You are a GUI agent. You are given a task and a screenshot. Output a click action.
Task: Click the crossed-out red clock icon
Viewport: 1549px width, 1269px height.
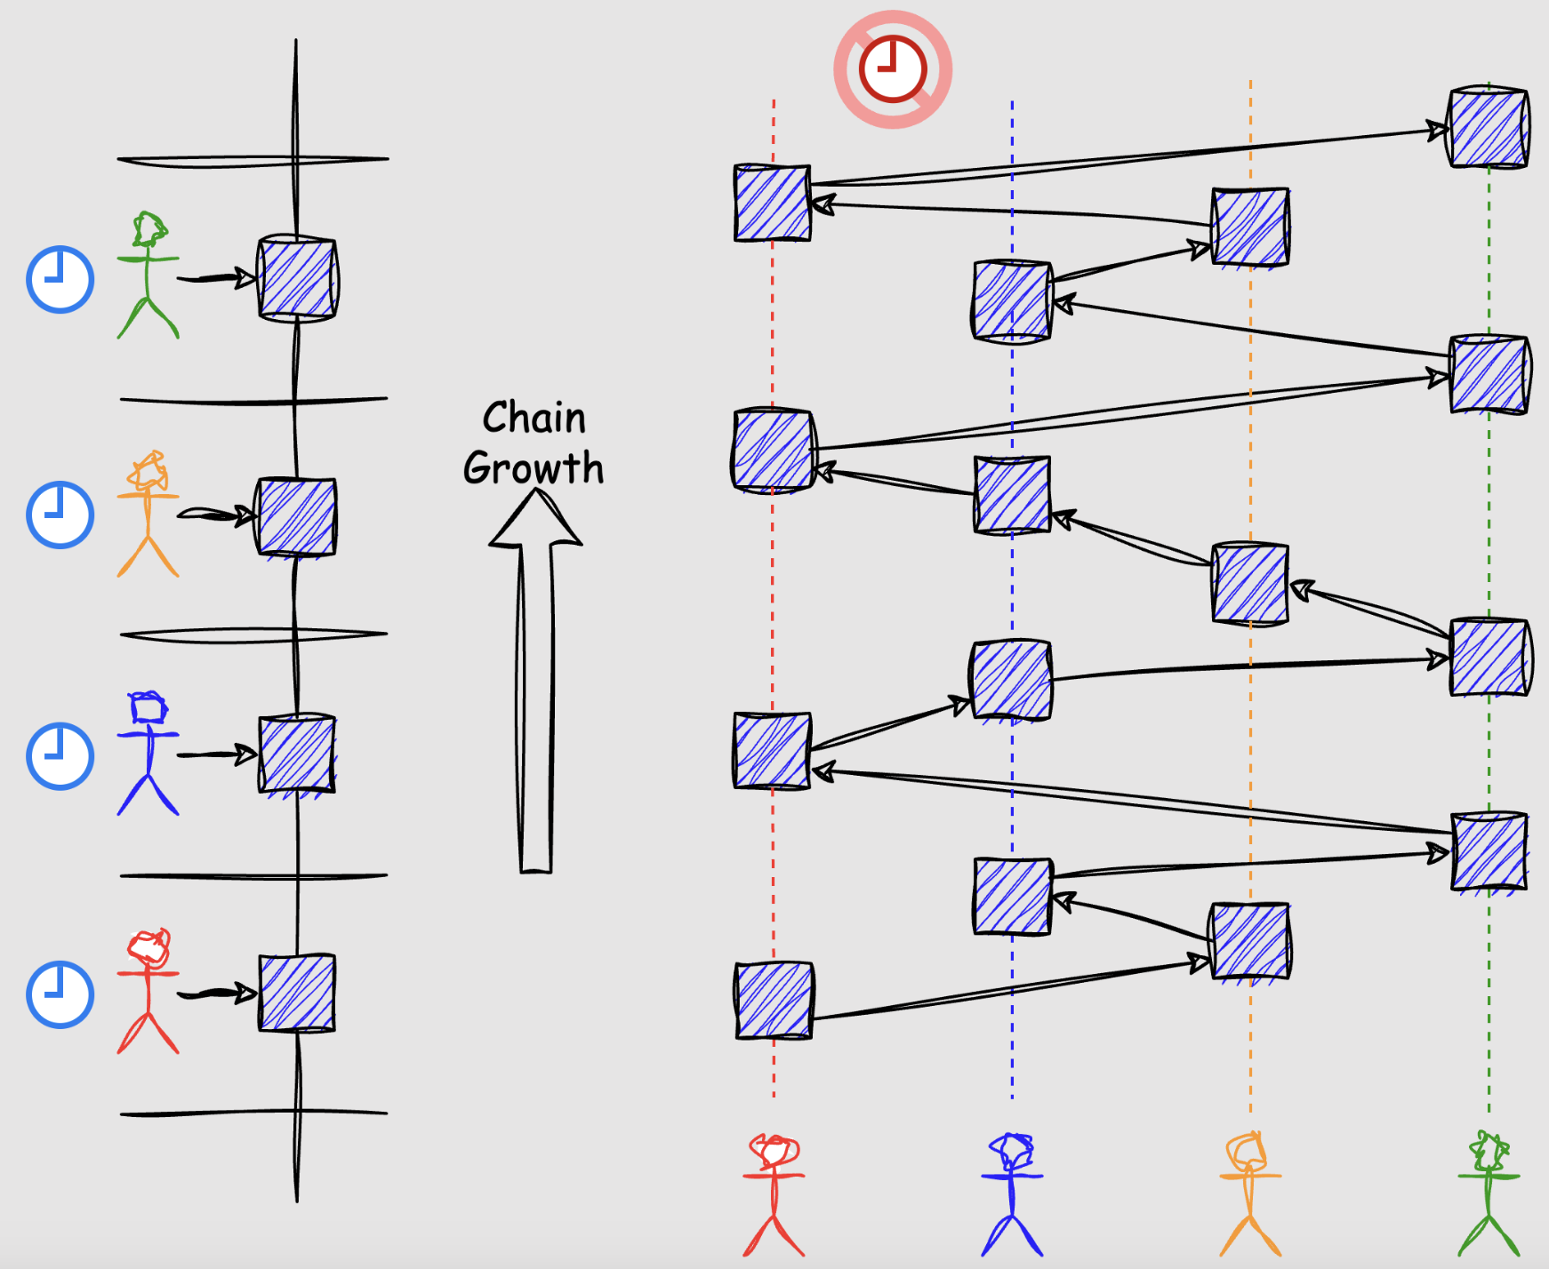893,69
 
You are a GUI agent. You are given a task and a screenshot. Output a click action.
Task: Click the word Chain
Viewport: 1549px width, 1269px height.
534,418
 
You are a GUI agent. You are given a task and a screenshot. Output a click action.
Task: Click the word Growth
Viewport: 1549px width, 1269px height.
534,468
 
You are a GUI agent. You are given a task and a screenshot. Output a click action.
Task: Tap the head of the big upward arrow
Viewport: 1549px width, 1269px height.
535,519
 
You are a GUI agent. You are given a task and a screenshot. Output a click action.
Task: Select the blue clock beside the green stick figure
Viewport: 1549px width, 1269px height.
60,280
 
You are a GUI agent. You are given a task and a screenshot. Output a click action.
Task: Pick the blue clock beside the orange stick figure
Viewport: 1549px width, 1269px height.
60,515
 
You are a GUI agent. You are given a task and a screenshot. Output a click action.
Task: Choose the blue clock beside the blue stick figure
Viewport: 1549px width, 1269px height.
60,756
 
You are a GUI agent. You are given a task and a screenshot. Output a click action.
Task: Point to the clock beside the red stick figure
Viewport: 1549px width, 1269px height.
60,994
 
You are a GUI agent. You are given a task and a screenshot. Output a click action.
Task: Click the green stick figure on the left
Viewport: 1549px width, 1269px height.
148,275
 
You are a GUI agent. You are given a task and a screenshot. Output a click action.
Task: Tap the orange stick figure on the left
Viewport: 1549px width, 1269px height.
148,514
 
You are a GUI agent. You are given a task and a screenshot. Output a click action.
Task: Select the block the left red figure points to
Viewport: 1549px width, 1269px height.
297,993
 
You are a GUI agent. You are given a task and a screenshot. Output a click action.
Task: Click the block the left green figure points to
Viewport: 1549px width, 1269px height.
297,277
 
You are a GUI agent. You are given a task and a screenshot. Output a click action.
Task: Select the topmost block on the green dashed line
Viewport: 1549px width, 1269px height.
1489,127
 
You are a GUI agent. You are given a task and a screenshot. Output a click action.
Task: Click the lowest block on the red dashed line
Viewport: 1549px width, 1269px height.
774,1000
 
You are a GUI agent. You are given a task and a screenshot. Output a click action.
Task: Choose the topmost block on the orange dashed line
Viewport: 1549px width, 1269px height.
1250,227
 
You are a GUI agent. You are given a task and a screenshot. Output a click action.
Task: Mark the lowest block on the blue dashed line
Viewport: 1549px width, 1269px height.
1012,896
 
